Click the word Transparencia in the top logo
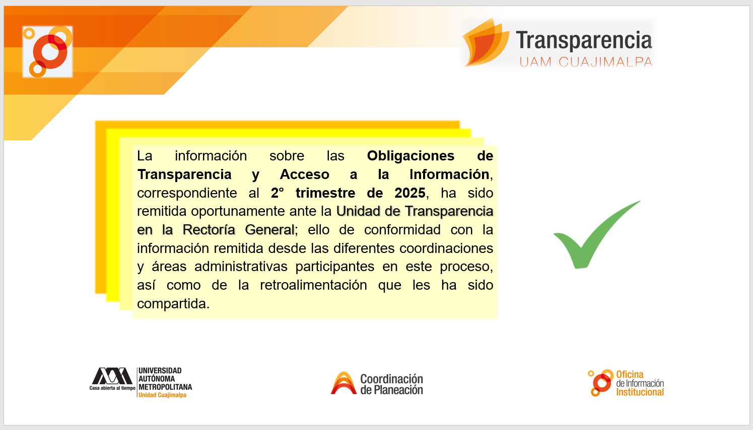point(584,40)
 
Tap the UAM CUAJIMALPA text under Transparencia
point(586,62)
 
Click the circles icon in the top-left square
point(47,51)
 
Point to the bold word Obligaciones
point(410,156)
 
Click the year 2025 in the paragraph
point(410,193)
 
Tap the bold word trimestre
point(325,193)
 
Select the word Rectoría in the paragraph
point(209,230)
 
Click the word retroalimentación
point(313,285)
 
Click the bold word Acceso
point(304,175)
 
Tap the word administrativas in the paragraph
point(241,267)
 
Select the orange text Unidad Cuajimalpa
point(162,395)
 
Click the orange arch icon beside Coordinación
point(344,383)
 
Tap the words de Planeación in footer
point(392,390)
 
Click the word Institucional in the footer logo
point(640,392)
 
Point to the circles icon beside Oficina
point(600,383)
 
